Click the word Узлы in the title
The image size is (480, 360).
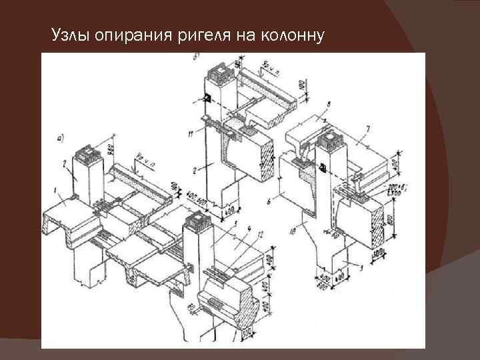pyautogui.click(x=71, y=35)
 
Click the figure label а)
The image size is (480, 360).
pyautogui.click(x=61, y=138)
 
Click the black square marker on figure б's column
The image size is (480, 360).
pyautogui.click(x=208, y=99)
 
